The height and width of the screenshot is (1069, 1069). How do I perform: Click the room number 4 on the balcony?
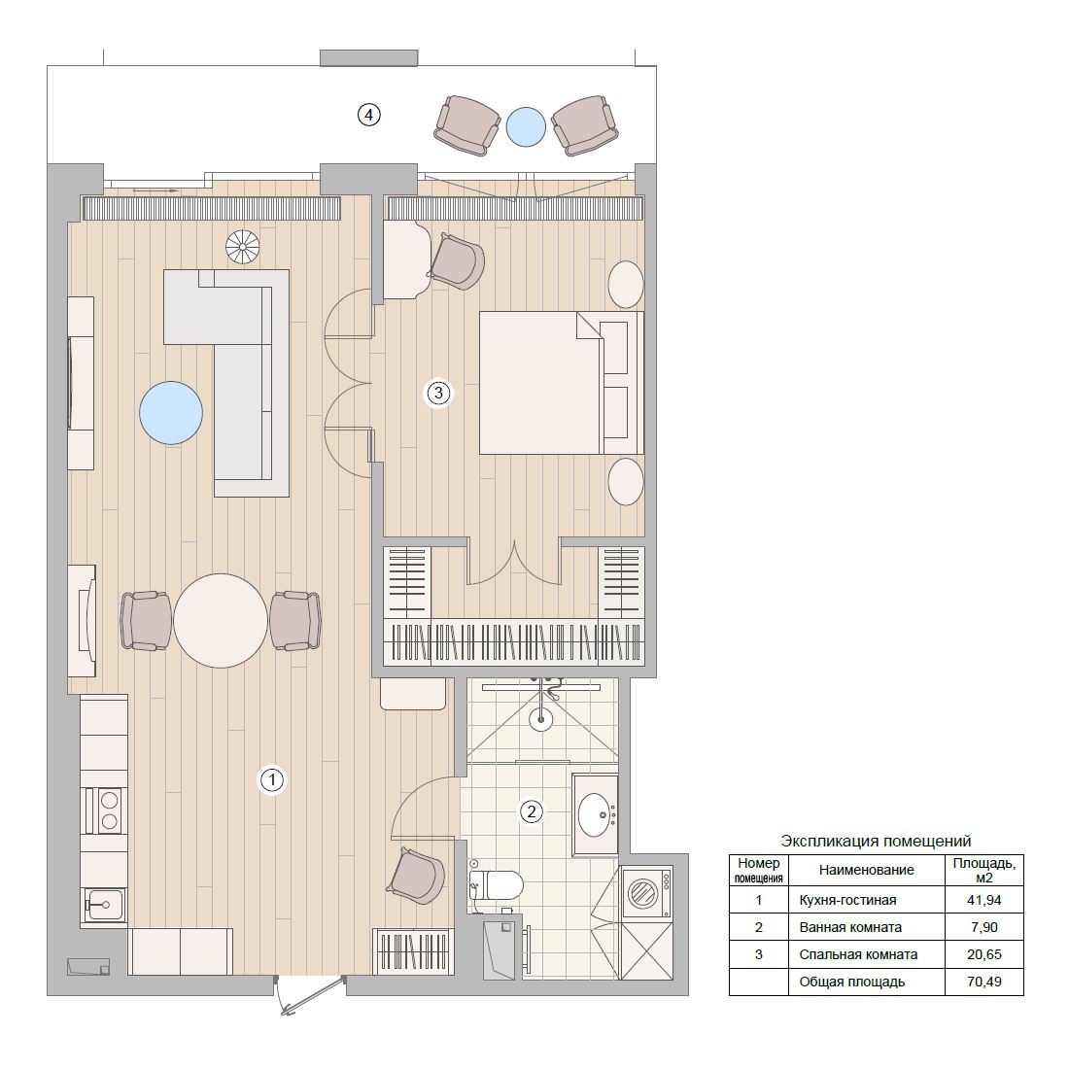coord(369,115)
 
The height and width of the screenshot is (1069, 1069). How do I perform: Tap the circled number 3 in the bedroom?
coord(438,393)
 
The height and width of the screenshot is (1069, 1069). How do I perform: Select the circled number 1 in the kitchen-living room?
coord(272,779)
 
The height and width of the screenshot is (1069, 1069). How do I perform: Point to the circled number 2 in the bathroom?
coord(531,811)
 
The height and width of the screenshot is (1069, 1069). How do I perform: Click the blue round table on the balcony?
coord(526,126)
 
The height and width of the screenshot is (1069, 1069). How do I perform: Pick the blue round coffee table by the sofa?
coord(171,412)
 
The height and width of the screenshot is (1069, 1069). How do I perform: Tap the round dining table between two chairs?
coord(221,620)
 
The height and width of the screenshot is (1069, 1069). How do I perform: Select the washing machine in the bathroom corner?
coord(645,892)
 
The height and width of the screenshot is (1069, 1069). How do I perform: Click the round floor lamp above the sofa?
coord(243,247)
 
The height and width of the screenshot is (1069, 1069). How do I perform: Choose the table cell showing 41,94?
coord(983,900)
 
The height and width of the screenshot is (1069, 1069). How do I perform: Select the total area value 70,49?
coord(983,982)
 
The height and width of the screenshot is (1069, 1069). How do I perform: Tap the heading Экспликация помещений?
coord(876,841)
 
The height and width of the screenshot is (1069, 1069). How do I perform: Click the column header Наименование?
coord(866,870)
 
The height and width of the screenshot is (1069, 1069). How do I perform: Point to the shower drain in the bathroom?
coord(541,719)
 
